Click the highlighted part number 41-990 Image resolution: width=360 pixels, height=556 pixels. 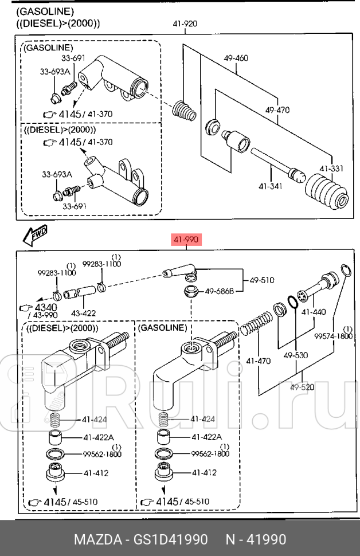point(186,240)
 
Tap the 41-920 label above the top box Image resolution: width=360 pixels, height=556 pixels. point(185,24)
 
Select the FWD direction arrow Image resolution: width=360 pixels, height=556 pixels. point(35,235)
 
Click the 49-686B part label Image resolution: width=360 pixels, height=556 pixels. point(220,292)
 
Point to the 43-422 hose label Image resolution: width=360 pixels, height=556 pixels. point(83,313)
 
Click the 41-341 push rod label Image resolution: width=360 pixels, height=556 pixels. point(270,186)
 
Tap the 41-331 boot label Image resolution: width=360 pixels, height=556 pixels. point(331,168)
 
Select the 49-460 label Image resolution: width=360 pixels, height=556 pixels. point(236,58)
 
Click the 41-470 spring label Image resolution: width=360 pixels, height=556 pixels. point(258,361)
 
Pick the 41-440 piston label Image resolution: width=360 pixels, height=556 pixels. point(314,312)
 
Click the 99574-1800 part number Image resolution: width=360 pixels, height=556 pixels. point(334,336)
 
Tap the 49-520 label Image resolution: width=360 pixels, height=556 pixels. point(302,387)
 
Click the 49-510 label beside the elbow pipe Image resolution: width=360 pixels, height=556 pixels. point(262,280)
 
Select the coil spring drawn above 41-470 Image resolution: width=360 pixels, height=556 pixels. point(256,322)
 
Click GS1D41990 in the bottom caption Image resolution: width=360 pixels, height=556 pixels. point(171,539)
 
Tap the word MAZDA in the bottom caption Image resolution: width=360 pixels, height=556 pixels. point(98,539)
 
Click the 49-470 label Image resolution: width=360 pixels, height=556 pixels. point(277,110)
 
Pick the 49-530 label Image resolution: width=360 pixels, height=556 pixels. point(295,355)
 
